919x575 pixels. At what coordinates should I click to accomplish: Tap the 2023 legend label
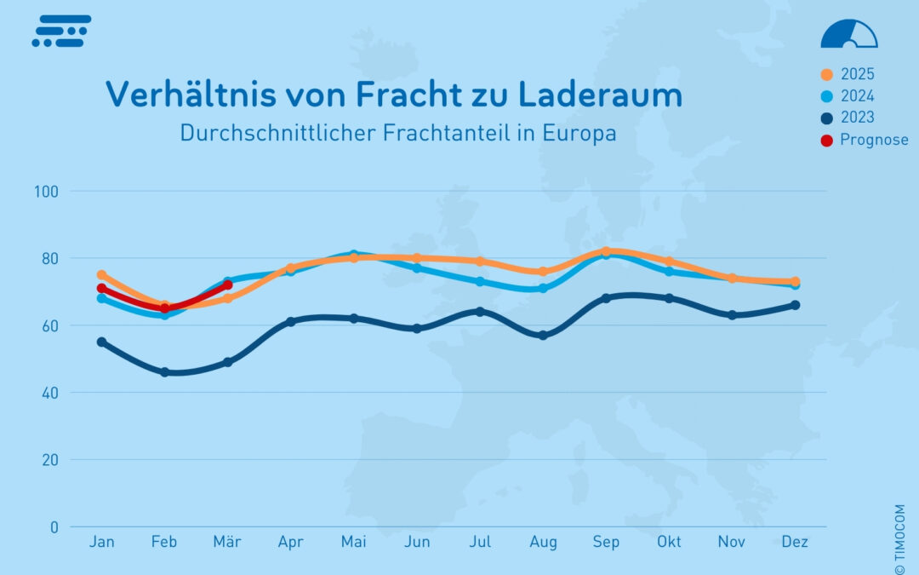tap(857, 118)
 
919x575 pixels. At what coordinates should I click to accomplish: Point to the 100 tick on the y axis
tap(46, 191)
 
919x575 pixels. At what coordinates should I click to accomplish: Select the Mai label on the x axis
tap(353, 542)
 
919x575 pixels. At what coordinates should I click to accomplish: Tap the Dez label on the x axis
tap(795, 542)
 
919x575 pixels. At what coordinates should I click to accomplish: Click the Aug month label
tap(543, 542)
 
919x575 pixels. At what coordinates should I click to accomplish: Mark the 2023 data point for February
tap(165, 372)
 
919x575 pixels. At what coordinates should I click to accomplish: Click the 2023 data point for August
tap(543, 336)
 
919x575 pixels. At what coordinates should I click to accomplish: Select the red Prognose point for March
tap(228, 285)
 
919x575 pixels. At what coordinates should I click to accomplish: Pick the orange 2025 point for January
tap(102, 275)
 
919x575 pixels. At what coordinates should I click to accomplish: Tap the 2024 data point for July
tap(480, 281)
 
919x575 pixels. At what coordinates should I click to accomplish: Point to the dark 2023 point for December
tap(795, 305)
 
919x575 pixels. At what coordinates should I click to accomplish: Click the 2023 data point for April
tap(291, 322)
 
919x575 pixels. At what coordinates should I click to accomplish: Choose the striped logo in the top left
tap(60, 31)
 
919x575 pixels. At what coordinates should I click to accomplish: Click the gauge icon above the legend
tap(848, 34)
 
